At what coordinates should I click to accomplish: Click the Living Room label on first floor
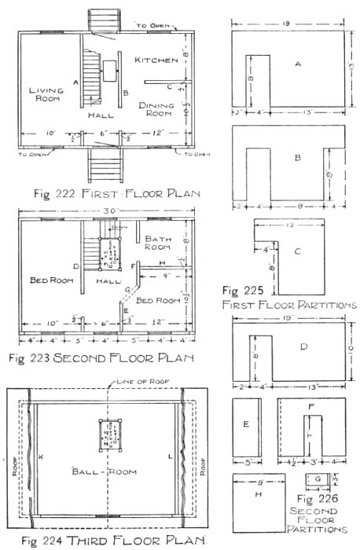pos(46,96)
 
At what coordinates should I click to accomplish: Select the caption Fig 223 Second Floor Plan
pos(106,360)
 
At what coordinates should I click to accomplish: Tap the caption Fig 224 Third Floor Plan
pos(108,540)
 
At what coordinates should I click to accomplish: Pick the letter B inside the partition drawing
pos(297,158)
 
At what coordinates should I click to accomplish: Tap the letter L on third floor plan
pos(170,456)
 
